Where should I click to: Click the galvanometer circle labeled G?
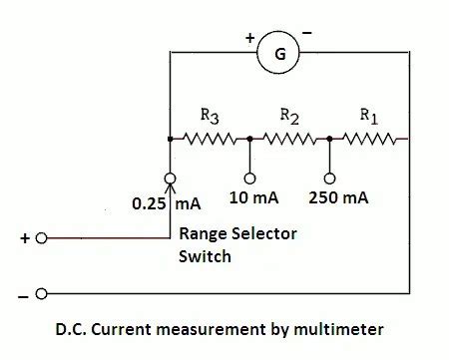click(279, 54)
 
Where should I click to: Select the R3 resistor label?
click(210, 115)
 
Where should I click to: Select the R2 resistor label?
click(288, 115)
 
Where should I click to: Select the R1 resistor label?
click(368, 115)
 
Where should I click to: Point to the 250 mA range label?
click(338, 197)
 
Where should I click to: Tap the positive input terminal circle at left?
click(41, 239)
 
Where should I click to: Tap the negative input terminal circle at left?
click(41, 295)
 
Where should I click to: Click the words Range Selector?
click(237, 234)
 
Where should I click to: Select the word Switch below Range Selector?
click(205, 256)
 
